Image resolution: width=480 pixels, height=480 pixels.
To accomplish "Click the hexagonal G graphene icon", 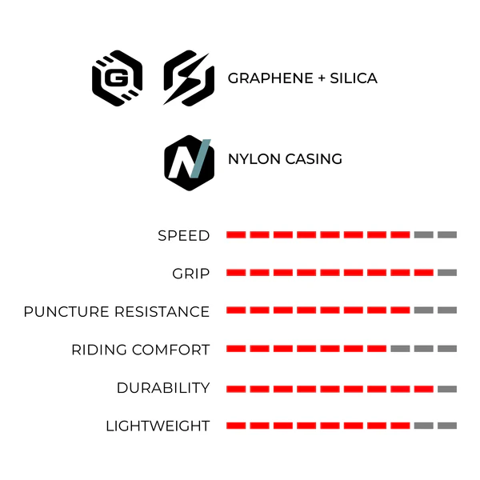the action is (118, 78).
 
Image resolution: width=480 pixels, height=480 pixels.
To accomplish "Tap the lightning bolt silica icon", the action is (189, 78).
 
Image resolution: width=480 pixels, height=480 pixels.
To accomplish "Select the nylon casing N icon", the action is (189, 163).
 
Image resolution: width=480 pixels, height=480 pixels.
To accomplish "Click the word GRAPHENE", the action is (270, 78).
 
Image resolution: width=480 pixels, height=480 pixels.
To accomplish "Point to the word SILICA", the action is (354, 78).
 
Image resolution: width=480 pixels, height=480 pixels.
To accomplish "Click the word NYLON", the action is (254, 159).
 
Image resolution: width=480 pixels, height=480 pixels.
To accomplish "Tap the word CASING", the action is (314, 159).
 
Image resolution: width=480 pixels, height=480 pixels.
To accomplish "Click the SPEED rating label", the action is (184, 236).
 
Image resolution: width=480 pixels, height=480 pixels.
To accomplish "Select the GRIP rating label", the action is (191, 274).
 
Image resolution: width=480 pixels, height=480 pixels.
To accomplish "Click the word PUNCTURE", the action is (66, 312).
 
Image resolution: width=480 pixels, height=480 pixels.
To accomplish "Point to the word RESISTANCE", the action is (162, 312).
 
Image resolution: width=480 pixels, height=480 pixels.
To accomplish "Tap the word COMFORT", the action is (171, 350).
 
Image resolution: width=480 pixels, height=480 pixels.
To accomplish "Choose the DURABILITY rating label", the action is (163, 388).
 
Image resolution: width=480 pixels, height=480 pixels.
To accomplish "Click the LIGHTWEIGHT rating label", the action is (158, 426).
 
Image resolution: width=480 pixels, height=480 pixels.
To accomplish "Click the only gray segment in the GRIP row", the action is (447, 273).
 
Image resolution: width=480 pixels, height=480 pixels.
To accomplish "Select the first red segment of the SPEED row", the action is (236, 234).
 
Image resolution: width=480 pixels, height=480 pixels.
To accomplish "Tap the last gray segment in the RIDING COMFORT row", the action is (447, 348).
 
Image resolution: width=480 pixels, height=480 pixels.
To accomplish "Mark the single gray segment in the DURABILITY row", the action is (447, 389).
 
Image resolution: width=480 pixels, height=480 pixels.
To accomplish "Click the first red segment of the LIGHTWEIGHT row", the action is (236, 426).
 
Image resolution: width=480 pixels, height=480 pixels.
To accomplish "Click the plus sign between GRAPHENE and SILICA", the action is (322, 78).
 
